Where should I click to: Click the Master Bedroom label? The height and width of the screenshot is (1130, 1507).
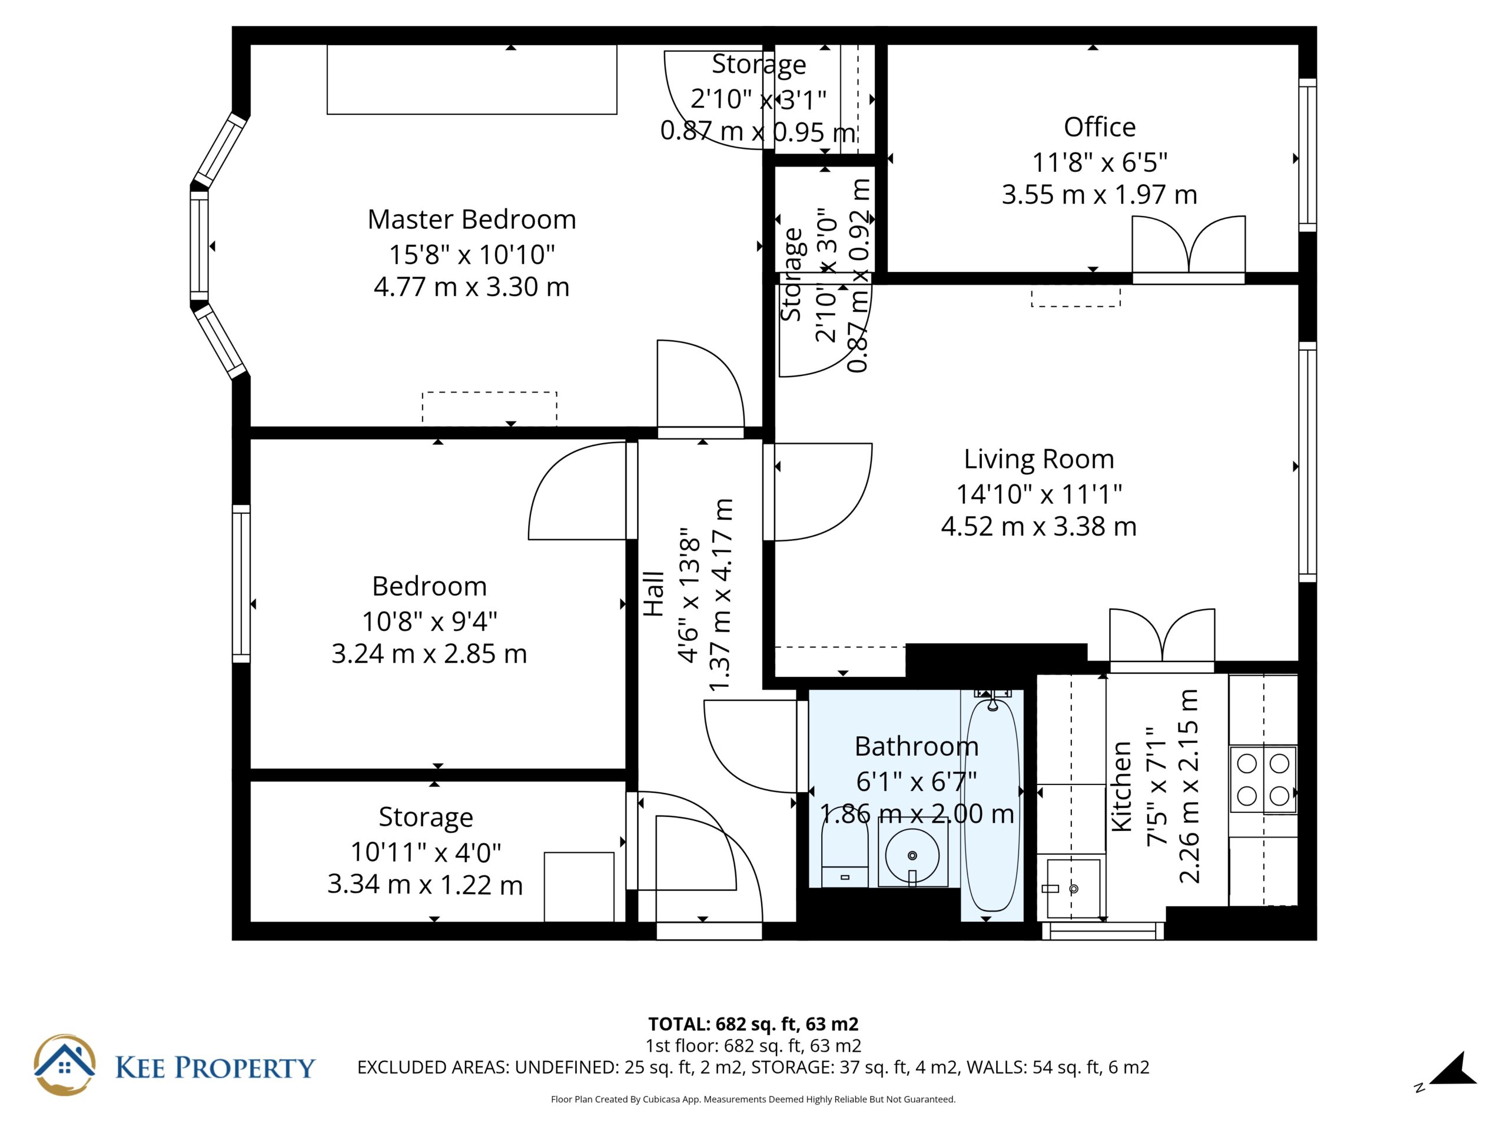click(x=472, y=220)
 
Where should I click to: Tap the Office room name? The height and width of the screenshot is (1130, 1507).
click(x=1100, y=127)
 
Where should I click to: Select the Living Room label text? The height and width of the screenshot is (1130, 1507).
click(x=1039, y=460)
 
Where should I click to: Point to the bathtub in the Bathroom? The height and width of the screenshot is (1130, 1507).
click(x=992, y=805)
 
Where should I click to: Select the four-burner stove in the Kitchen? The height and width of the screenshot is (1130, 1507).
click(x=1263, y=779)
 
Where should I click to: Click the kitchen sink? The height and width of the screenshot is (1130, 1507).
click(x=1073, y=888)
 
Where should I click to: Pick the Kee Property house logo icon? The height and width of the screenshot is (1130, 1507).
click(x=65, y=1065)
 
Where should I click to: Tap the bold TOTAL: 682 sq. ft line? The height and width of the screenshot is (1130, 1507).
click(x=753, y=1023)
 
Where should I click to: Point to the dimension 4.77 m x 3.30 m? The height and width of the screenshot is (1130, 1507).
click(x=472, y=287)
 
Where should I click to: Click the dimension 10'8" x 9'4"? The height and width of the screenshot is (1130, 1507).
click(x=429, y=621)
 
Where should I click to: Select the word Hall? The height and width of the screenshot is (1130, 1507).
click(x=653, y=594)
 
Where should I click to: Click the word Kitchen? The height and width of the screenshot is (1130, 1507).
click(x=1121, y=787)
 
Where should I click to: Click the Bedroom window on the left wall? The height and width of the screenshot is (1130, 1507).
click(x=241, y=584)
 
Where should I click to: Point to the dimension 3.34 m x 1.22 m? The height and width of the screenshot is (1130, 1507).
click(x=425, y=885)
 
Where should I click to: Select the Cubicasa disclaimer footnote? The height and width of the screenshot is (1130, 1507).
click(x=753, y=1099)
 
